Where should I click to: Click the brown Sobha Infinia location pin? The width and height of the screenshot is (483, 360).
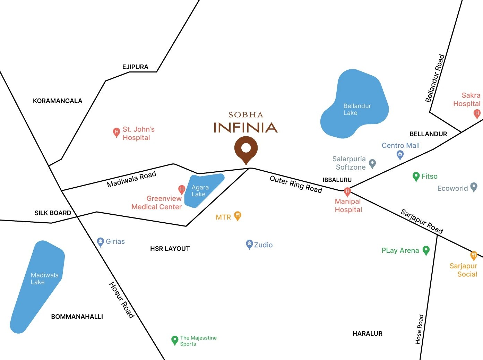(x=246, y=148)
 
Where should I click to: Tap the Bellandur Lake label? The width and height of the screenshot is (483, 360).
(x=357, y=109)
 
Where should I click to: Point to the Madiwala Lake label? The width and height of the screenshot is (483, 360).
(x=44, y=278)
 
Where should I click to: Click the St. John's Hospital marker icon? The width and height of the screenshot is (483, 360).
(x=117, y=132)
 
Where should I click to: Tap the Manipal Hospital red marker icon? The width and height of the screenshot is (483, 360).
(x=347, y=191)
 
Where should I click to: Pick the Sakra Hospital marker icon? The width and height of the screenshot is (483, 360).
(x=477, y=113)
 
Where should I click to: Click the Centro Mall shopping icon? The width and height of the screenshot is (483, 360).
(x=400, y=154)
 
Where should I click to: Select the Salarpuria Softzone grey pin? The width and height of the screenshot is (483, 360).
(x=372, y=163)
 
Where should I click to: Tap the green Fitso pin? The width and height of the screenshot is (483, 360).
(x=416, y=177)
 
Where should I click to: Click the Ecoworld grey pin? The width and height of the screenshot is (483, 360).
(x=474, y=187)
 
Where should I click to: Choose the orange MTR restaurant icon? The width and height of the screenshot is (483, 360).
(x=238, y=216)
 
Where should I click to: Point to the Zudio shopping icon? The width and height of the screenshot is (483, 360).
(x=249, y=244)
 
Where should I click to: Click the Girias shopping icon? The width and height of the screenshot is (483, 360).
(x=101, y=242)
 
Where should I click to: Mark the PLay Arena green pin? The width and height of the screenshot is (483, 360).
(x=426, y=250)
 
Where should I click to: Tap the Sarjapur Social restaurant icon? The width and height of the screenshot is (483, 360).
(x=474, y=256)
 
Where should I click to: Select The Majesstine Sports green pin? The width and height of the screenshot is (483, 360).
(x=175, y=340)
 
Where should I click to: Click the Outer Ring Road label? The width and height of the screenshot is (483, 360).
(x=296, y=184)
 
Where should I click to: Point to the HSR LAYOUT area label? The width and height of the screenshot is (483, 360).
(x=170, y=249)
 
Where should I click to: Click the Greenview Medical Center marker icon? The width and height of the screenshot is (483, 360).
(x=181, y=189)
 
